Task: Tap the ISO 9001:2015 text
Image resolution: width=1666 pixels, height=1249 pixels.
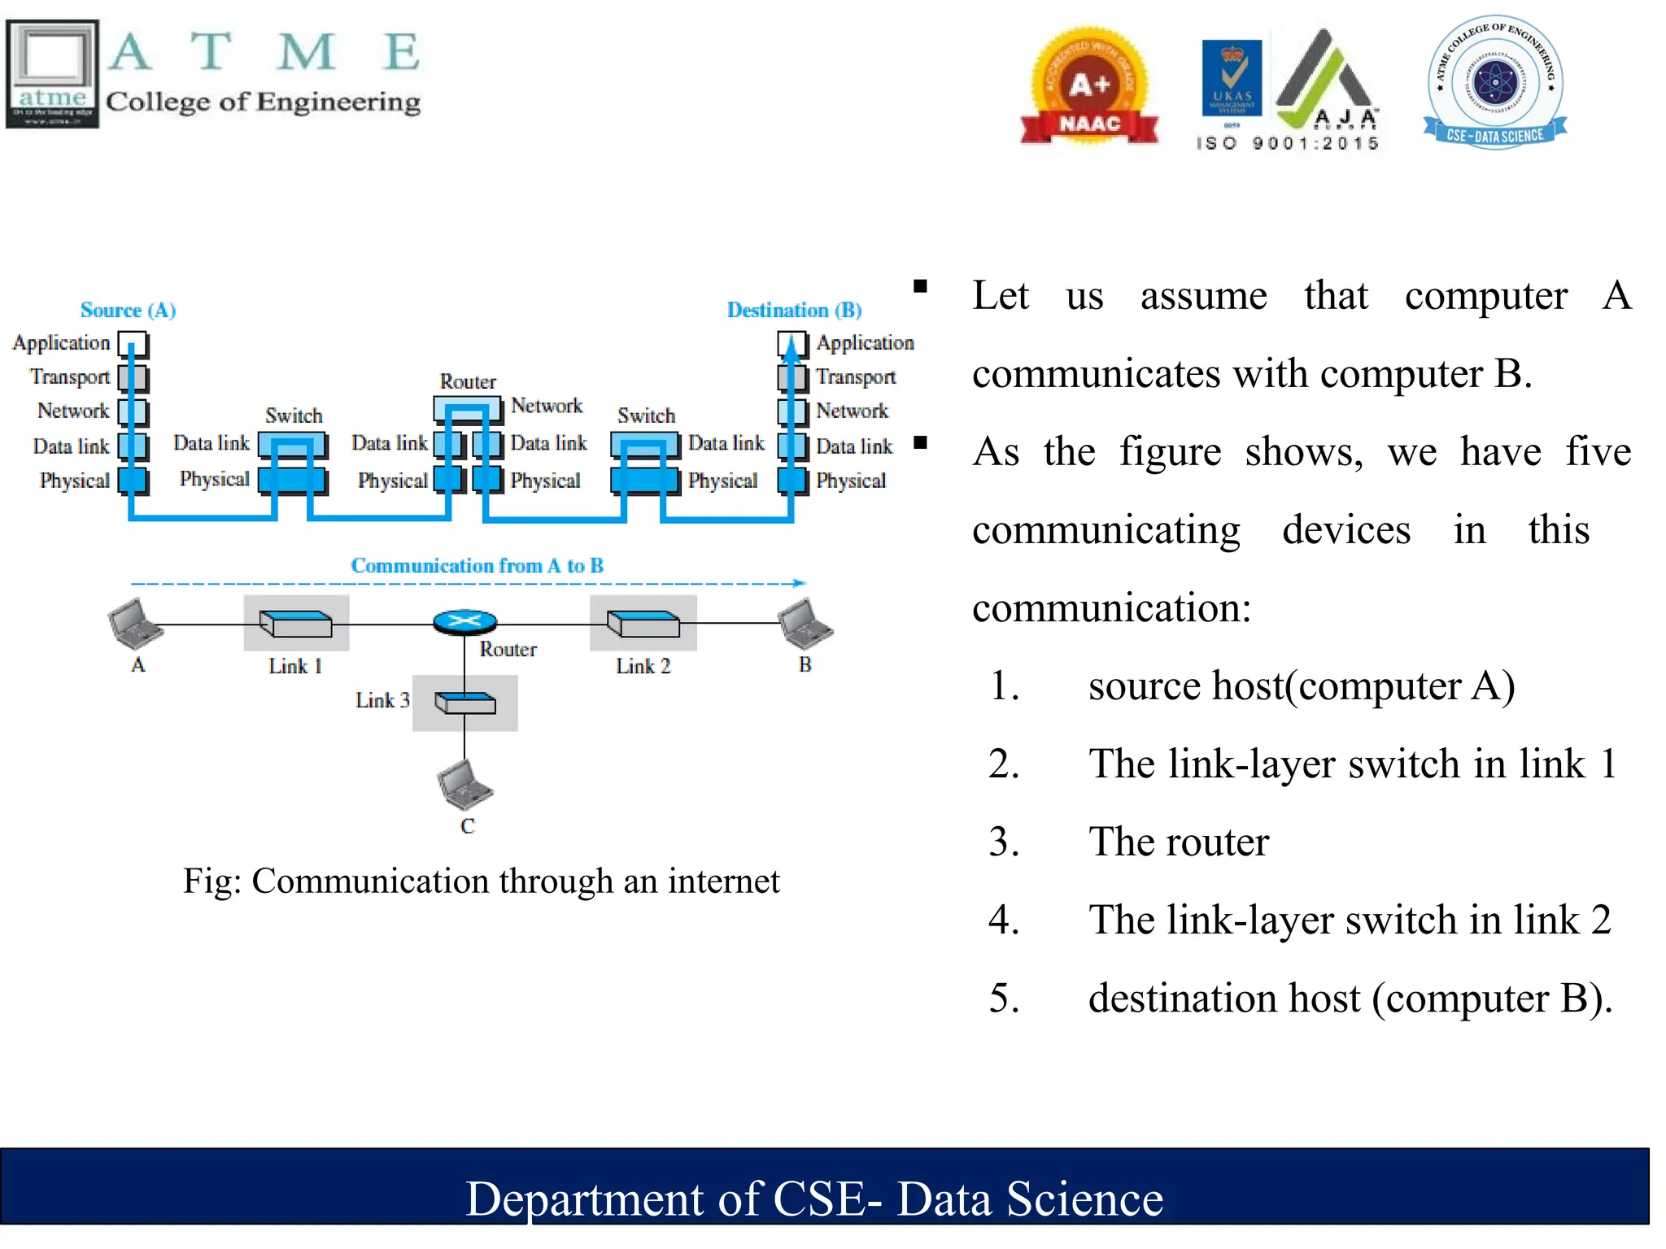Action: (x=1287, y=143)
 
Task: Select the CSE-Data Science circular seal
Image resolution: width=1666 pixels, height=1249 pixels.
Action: (x=1495, y=81)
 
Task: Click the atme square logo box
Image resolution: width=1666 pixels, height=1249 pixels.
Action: (x=53, y=73)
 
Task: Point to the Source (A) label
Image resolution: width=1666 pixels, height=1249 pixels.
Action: (x=128, y=310)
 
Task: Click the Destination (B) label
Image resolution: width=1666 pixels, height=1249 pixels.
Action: (x=794, y=310)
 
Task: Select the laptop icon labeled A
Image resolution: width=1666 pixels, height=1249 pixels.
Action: (x=134, y=624)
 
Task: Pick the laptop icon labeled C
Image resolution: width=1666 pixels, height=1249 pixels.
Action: (x=464, y=785)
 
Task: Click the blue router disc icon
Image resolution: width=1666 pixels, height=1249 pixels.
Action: (x=464, y=622)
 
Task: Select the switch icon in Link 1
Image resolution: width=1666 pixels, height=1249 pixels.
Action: (x=296, y=624)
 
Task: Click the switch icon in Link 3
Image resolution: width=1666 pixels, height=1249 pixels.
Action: (x=464, y=703)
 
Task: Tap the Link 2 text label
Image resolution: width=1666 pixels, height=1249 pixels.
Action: (x=643, y=666)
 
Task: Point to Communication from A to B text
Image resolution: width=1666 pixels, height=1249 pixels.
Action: (x=477, y=565)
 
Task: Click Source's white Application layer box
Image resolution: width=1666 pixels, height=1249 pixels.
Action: (x=133, y=343)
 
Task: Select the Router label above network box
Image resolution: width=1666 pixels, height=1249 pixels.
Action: (x=468, y=381)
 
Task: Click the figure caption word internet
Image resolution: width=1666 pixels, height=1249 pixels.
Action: (x=723, y=881)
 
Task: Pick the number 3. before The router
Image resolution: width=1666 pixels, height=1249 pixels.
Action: (x=1004, y=842)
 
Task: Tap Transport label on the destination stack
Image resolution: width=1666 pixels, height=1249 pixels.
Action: (x=855, y=377)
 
